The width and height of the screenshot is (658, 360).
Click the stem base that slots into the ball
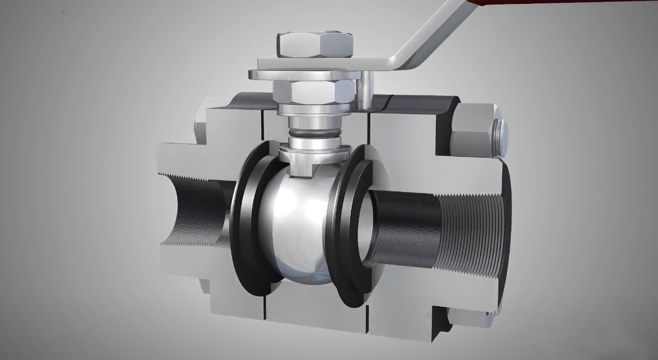tap(305, 162)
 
